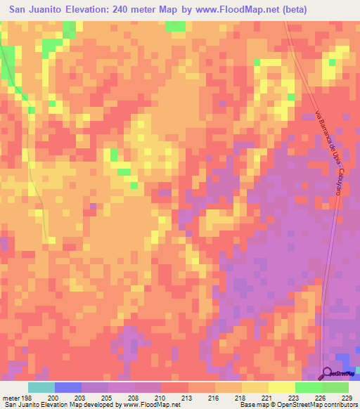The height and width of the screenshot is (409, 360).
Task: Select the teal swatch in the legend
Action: click(41, 387)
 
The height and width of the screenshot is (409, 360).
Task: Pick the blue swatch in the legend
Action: click(67, 387)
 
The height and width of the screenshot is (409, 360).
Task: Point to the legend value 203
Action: click(89, 397)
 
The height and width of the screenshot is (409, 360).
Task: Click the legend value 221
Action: click(266, 397)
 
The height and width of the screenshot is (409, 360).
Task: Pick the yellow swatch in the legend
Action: click(255, 387)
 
